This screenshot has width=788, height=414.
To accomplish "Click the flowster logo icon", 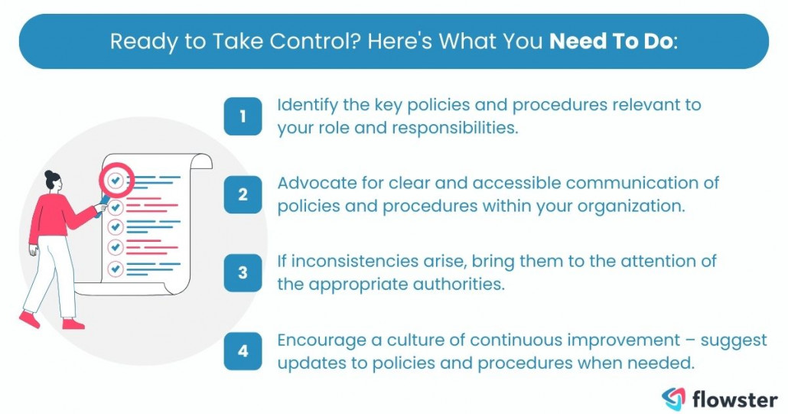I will coord(674,399).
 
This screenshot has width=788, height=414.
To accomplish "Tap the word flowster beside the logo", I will coord(734,399).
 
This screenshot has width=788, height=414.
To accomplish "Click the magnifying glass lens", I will coord(115,181).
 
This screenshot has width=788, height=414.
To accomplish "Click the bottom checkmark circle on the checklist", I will coord(116,269).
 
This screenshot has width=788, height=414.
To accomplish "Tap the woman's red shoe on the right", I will coord(73,324).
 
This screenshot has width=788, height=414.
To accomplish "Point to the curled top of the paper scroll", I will coord(200,160).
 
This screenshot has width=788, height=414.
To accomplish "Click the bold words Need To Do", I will coord(611,41).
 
